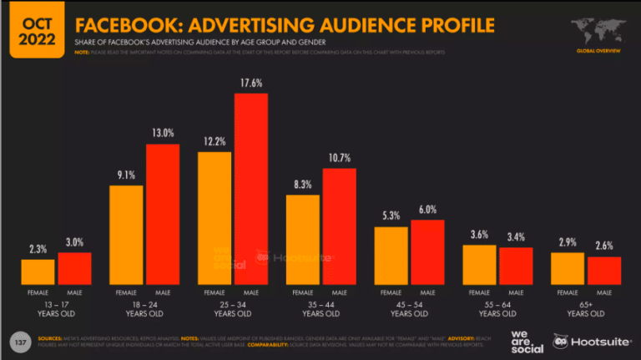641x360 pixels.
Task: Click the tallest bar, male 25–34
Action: [251, 189]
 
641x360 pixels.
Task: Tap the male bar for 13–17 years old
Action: [74, 268]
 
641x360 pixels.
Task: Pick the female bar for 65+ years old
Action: [567, 268]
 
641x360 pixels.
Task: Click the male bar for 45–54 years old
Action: [427, 251]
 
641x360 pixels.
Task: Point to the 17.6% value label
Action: [251, 83]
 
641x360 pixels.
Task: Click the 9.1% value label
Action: [126, 175]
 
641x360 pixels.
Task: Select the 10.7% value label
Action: [339, 158]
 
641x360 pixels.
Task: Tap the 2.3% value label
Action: [38, 249]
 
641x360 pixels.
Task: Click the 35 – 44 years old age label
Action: [320, 309]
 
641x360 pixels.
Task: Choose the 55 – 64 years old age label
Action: [497, 309]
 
